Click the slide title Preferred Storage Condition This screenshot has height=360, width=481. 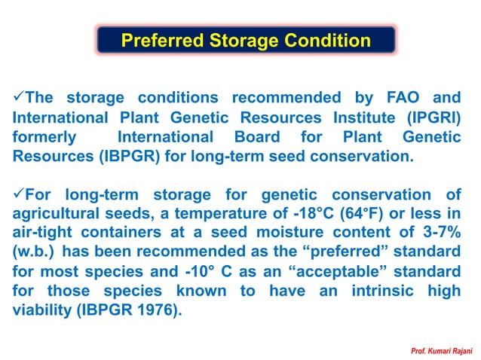[246, 40]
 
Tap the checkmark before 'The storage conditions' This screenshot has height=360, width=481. [20, 97]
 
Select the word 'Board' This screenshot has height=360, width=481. [262, 137]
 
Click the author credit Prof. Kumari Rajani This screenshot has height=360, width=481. [440, 351]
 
